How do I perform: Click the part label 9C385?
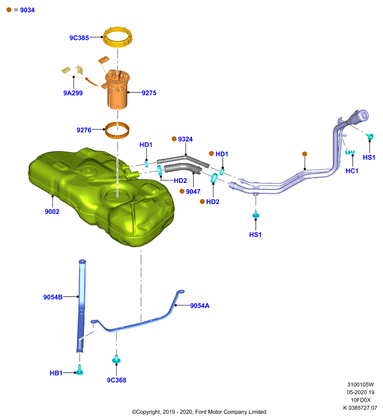79,38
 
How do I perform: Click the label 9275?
149,93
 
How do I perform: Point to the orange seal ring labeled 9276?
117,135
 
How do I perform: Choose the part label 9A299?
73,93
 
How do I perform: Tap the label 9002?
52,212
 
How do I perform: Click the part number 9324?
185,139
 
